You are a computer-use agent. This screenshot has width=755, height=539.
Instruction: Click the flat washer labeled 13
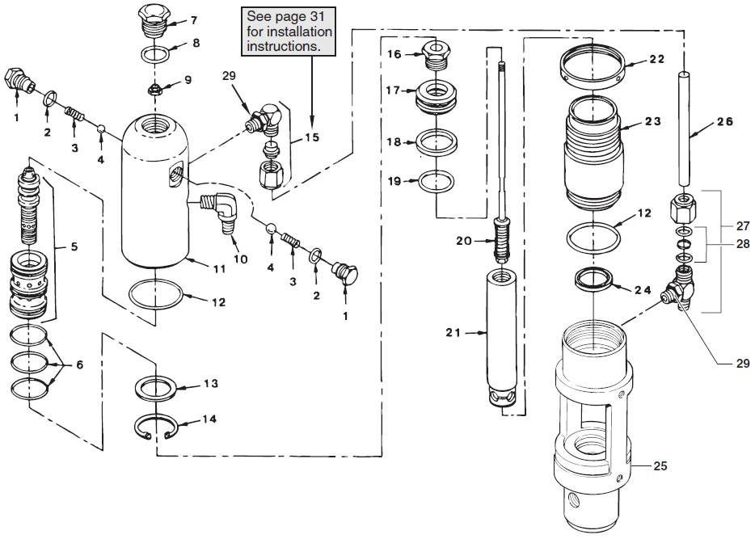coord(158,387)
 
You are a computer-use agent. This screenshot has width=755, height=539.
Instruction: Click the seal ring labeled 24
coord(594,280)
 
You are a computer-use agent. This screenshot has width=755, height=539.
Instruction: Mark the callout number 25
coord(660,466)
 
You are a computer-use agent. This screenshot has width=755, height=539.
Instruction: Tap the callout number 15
coord(311,137)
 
